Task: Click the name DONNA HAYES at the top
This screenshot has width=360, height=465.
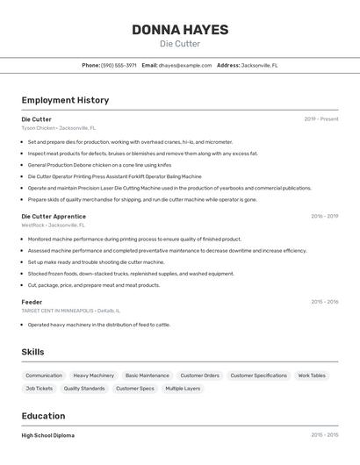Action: coord(180,30)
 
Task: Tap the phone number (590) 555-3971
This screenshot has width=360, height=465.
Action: coord(119,65)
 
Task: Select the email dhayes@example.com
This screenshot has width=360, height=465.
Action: coord(185,65)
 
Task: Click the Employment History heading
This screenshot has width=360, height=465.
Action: coord(65,100)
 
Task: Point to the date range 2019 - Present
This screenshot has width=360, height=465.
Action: coord(321,119)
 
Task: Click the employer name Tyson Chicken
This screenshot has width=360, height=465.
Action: coord(39,128)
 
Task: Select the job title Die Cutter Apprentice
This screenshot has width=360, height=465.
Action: coord(54,216)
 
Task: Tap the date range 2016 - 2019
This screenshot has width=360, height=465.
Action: coord(324,216)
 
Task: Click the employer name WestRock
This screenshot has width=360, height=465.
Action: coord(33,225)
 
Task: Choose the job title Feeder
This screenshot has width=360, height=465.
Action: coord(32,302)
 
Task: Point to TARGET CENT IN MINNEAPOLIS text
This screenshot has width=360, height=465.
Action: coord(56,311)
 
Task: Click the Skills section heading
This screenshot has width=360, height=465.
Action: coord(33,352)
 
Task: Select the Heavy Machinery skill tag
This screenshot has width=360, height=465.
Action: coord(93,376)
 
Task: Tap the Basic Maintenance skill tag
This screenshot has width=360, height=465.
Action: coord(147,376)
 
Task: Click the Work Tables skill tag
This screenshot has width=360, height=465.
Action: coord(312,376)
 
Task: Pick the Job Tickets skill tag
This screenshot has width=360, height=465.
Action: coord(39,388)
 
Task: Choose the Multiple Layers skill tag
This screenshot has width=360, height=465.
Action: coord(183,388)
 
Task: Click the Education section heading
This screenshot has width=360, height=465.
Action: coord(43,416)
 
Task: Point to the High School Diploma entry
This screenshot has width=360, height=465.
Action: coord(48,435)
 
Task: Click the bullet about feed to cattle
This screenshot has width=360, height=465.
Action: coord(98,325)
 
